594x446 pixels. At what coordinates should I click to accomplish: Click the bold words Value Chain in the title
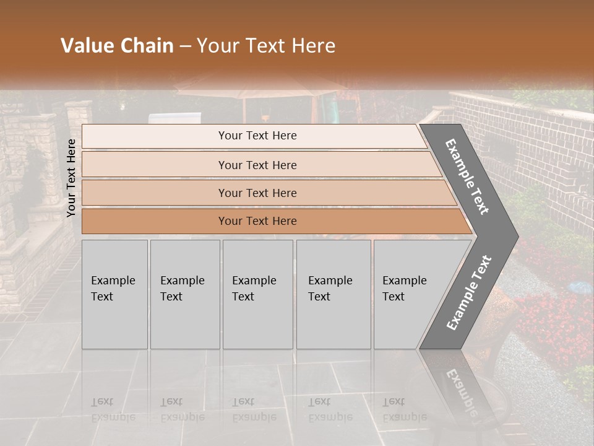point(117,46)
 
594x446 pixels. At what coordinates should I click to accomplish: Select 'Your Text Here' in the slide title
point(266,46)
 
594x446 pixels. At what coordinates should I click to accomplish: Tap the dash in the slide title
point(184,46)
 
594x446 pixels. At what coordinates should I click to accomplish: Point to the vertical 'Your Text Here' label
point(71,178)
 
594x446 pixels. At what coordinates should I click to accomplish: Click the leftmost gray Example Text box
point(114,294)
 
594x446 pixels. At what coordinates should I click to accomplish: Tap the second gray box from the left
point(185,294)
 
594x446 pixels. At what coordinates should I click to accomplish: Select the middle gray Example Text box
point(257,294)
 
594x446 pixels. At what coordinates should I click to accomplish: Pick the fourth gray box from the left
point(334,294)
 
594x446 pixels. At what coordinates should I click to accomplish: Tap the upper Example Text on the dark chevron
point(467,177)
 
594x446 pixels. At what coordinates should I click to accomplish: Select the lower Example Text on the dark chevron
point(469,292)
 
